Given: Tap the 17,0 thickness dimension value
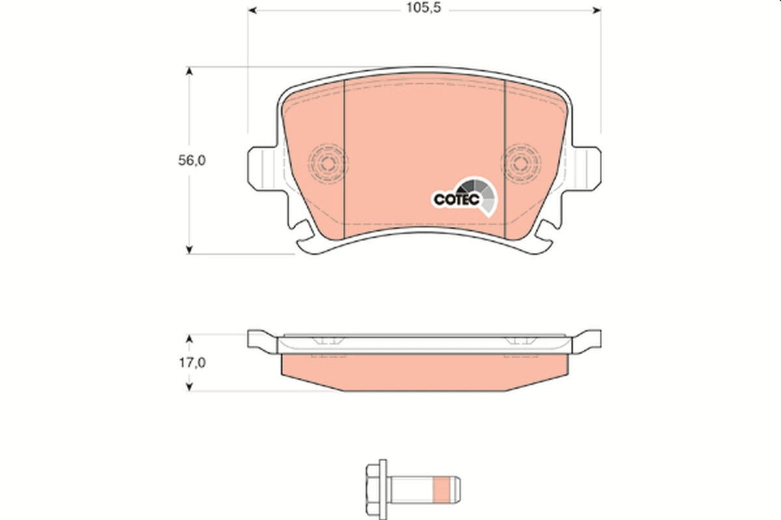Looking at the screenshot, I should click(192, 364).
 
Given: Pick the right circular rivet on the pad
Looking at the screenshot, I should click(523, 161).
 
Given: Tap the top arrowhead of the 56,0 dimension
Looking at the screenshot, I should click(189, 71).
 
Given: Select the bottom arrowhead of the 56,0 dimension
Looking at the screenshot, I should click(189, 248).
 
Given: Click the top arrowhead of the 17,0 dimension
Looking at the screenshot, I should click(189, 339).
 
